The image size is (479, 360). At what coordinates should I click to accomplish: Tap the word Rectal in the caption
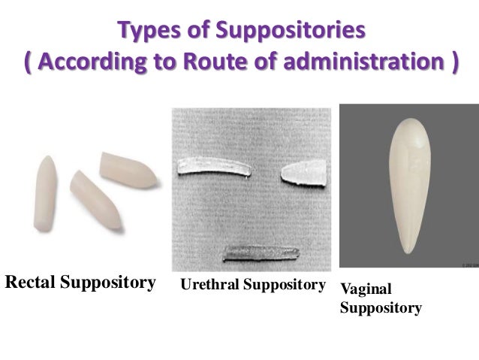pos(29,283)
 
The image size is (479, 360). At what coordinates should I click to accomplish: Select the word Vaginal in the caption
pos(366,290)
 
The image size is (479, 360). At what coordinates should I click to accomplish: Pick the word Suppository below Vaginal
pos(381,308)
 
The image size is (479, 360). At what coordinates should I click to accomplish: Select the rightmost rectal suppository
pos(129,170)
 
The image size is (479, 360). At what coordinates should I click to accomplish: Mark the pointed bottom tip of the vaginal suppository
pos(408,252)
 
